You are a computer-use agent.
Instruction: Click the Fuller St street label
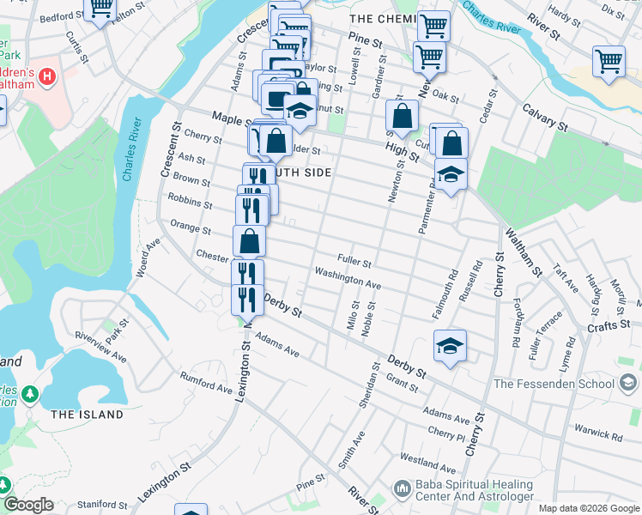[354, 261]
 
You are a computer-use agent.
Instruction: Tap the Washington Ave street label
[347, 277]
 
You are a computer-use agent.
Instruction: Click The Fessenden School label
[554, 384]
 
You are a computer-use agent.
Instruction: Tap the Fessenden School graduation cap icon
[628, 383]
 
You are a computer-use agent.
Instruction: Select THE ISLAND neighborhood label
[87, 415]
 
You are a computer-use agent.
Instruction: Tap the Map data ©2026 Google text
[589, 508]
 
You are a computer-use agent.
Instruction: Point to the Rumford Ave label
[206, 382]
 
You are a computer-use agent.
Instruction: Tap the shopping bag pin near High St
[402, 115]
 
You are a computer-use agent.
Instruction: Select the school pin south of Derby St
[450, 345]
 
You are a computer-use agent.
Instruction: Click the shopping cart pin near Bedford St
[101, 9]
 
